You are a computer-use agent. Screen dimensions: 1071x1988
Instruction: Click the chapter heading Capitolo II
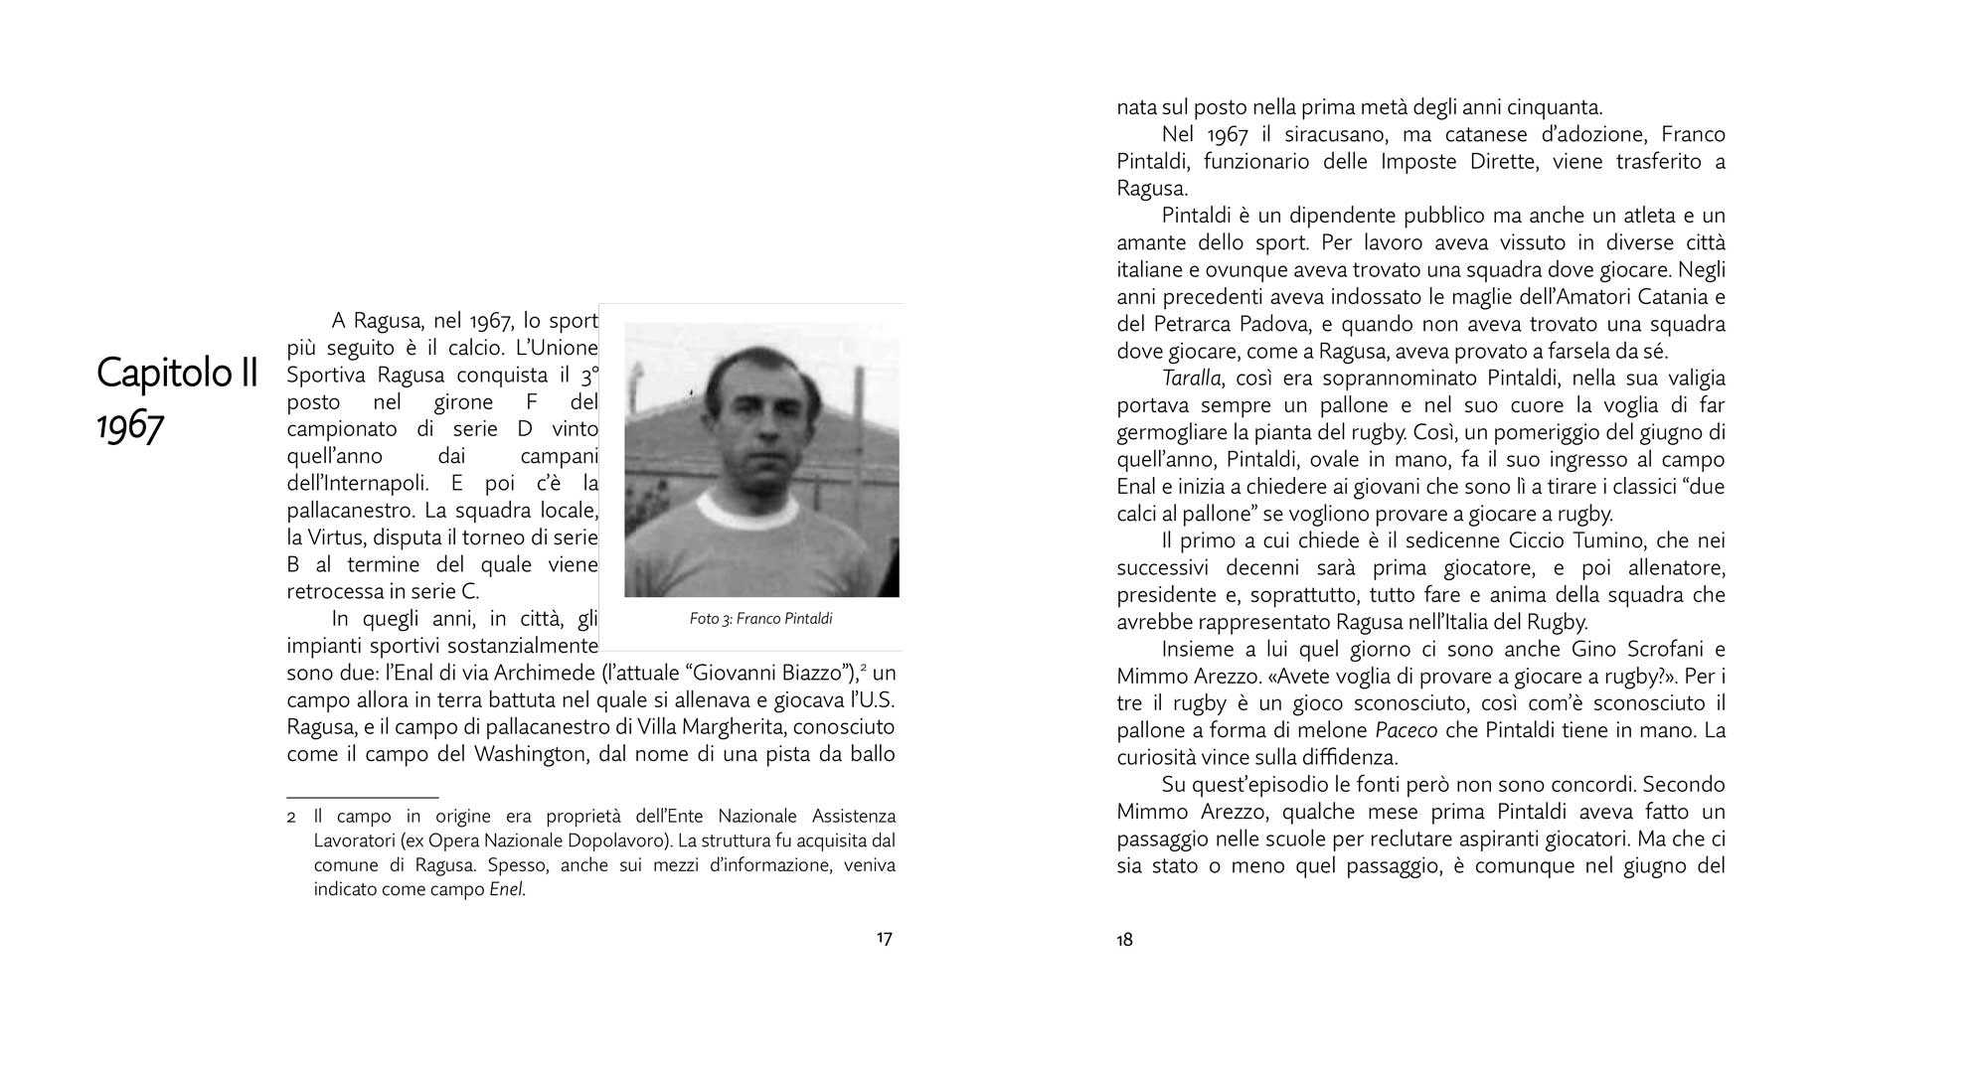[x=177, y=374]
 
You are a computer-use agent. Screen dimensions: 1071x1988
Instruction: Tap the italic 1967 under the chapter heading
[x=130, y=426]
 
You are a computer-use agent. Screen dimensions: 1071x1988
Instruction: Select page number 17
[x=884, y=939]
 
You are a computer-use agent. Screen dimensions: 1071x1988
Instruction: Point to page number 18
[x=1124, y=940]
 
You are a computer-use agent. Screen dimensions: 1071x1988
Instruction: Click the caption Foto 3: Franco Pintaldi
[x=760, y=619]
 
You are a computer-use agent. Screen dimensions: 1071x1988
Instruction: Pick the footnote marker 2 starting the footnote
[x=291, y=818]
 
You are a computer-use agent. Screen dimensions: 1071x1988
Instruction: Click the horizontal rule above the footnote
[x=362, y=797]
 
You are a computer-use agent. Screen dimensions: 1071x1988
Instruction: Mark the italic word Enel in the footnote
[x=506, y=890]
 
